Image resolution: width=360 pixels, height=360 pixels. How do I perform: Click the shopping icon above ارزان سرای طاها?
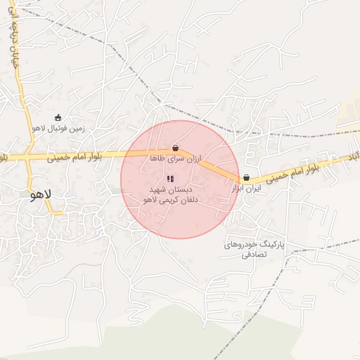(174, 148)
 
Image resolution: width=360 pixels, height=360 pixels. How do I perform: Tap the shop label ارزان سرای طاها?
(175, 160)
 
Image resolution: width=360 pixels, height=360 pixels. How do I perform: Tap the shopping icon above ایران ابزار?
(246, 179)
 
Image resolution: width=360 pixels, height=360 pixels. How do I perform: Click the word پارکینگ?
(275, 244)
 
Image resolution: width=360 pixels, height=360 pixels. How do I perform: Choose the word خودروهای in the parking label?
(242, 244)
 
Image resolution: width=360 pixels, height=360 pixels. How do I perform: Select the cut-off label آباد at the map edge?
(354, 153)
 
